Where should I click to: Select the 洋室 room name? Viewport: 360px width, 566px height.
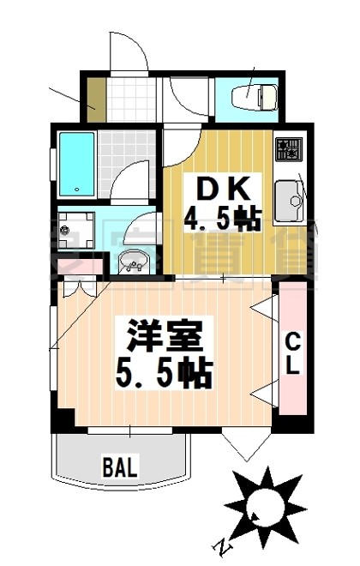point(165,335)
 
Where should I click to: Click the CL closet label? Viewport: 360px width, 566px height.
point(292,354)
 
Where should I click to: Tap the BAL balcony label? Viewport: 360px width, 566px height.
point(120,467)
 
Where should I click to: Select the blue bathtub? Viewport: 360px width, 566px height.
point(75,164)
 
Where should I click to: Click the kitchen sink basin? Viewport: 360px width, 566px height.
point(291,203)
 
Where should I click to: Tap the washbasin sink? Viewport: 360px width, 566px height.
point(132,261)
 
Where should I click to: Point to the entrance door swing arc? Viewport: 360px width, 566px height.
point(129,53)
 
